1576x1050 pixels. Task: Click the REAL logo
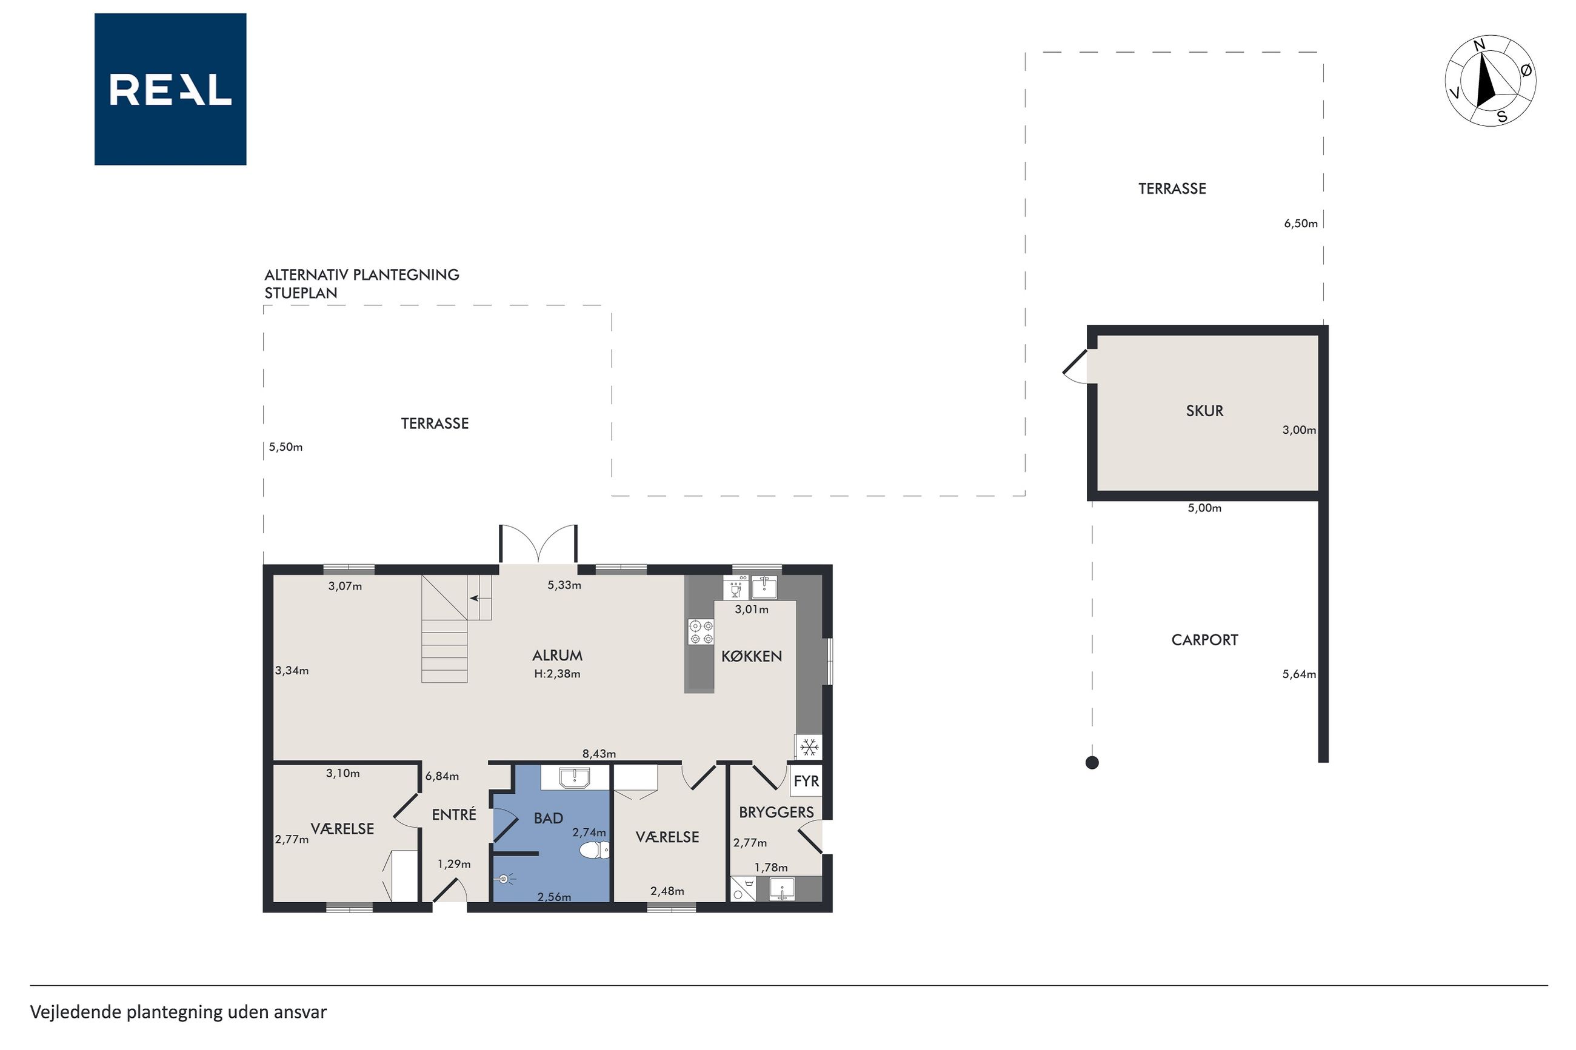(x=170, y=89)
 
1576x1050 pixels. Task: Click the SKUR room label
(x=1204, y=411)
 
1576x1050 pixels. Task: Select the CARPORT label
(x=1204, y=639)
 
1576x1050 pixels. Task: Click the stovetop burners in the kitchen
(x=701, y=632)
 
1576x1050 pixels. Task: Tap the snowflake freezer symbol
(x=809, y=746)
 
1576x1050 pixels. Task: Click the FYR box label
(x=806, y=781)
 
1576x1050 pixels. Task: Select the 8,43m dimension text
(x=599, y=753)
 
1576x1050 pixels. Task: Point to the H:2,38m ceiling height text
(x=556, y=674)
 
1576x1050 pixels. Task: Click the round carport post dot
(x=1092, y=762)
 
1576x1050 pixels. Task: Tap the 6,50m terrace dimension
(x=1300, y=224)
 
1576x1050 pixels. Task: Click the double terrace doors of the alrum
(x=538, y=543)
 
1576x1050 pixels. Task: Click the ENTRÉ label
(x=453, y=814)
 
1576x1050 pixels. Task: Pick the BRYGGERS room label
(x=776, y=812)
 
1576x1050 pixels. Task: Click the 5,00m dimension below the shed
(x=1204, y=508)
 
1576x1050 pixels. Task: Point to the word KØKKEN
(x=751, y=656)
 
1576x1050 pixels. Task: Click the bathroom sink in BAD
(x=575, y=778)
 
